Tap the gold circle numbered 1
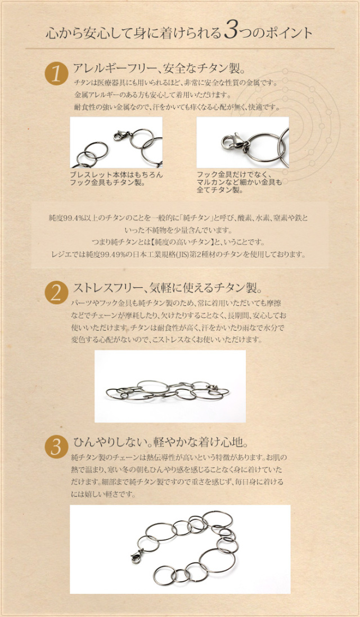[57, 74]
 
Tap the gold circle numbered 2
[57, 292]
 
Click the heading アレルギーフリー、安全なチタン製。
[159, 69]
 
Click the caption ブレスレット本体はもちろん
[116, 174]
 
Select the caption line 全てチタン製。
[219, 191]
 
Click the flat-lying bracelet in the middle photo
[168, 390]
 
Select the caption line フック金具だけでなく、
[235, 175]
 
